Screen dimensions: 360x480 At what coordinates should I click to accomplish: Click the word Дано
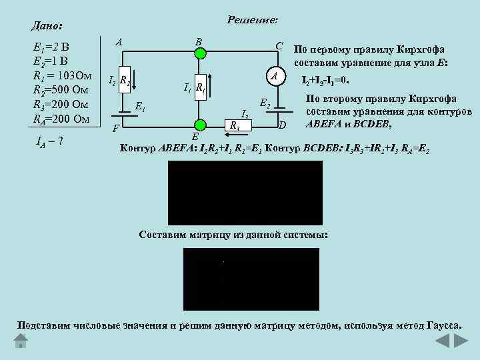47,26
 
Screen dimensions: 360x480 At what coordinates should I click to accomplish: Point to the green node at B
198,51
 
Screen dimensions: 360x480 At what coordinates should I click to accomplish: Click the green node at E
198,124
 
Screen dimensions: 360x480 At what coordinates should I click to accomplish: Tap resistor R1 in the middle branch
199,87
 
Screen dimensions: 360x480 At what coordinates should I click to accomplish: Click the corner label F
115,128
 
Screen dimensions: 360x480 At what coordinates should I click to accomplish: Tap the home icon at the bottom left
20,341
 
